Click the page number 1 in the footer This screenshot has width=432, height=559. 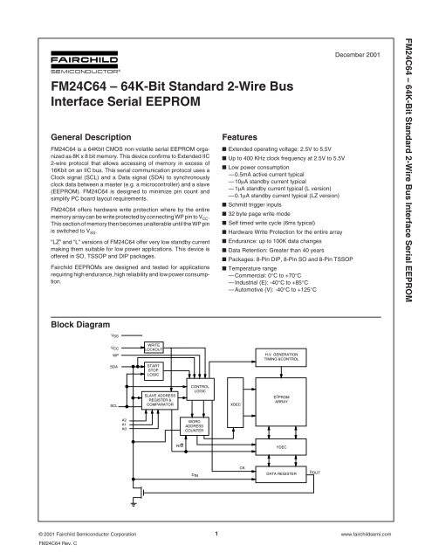coord(216,529)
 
